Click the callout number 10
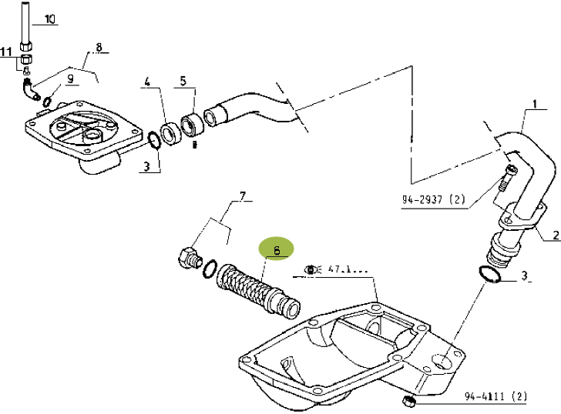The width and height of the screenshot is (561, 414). tap(50, 19)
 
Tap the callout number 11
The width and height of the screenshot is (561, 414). tap(6, 52)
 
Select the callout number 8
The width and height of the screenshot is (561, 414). tap(99, 48)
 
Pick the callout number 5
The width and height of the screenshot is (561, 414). tap(183, 80)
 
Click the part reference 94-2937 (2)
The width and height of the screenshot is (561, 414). tap(433, 200)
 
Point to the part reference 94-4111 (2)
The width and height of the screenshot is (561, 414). tap(495, 397)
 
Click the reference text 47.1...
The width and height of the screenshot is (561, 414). tap(348, 270)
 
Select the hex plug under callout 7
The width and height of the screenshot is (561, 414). tap(187, 258)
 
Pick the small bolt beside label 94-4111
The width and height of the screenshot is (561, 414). tap(409, 402)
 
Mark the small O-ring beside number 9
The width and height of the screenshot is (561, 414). tap(48, 101)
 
